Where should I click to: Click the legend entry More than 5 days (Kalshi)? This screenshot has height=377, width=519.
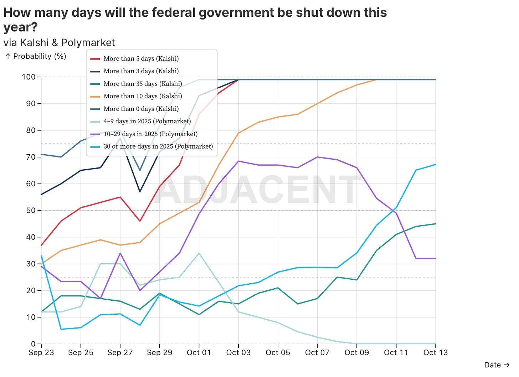[x=141, y=58]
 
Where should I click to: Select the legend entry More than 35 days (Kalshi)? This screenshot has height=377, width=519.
[x=143, y=84]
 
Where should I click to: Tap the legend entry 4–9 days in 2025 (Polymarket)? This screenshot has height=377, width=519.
[x=147, y=121]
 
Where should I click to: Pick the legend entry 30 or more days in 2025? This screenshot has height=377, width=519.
[x=158, y=146]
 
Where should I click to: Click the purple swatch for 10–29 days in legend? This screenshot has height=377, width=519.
[x=95, y=134]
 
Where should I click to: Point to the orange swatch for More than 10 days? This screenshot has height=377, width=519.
[x=95, y=96]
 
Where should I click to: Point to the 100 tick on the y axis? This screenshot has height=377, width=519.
[x=29, y=77]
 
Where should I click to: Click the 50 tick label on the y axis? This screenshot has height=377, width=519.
[x=31, y=211]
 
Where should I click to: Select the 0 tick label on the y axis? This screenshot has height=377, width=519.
[x=33, y=344]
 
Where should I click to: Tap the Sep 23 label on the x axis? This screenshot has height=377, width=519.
[x=41, y=353]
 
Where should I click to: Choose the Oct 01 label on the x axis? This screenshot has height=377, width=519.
[x=199, y=353]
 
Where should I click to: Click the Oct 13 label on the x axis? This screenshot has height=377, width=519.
[x=435, y=353]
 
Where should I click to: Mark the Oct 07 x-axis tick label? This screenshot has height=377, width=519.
[x=317, y=353]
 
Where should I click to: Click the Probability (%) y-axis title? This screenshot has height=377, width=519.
[x=39, y=56]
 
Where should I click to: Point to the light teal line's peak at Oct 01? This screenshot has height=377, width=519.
[x=199, y=253]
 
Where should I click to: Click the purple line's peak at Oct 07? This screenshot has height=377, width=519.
[x=317, y=157]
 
